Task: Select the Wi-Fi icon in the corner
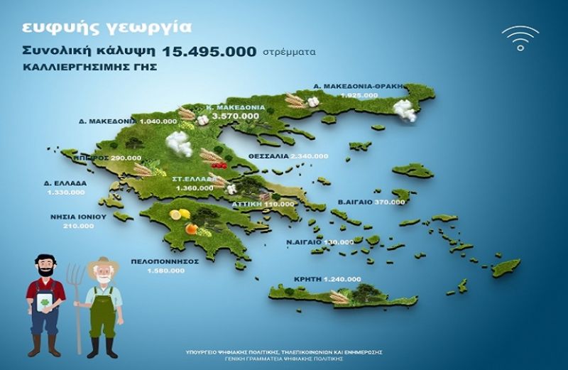click(x=520, y=38)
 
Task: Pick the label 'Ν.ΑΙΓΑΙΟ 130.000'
click(x=310, y=242)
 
